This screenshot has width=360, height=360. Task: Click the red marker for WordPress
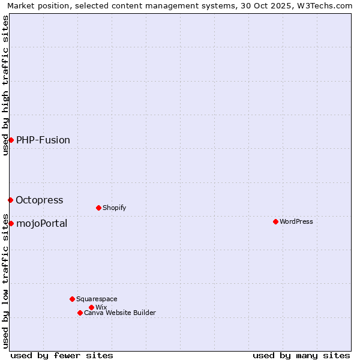(275, 221)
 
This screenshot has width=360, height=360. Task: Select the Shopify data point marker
(98, 208)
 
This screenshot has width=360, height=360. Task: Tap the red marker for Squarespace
(72, 299)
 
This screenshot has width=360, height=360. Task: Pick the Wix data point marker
(91, 307)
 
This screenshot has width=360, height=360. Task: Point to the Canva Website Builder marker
(80, 313)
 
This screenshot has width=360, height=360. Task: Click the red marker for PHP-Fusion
(11, 140)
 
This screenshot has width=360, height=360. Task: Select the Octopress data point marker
(10, 200)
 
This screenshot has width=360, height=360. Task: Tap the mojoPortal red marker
(11, 223)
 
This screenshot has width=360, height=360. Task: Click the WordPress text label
(296, 221)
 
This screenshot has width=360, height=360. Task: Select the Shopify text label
(114, 208)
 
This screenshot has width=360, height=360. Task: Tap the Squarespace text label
(97, 299)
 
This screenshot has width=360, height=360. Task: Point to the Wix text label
(101, 307)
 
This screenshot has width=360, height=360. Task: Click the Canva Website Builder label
(120, 313)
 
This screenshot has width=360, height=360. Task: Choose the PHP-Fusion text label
(43, 140)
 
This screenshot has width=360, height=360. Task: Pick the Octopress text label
(40, 200)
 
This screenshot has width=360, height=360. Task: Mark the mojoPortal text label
(42, 224)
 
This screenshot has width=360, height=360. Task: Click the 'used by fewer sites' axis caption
(62, 355)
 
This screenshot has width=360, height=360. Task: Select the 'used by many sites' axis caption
(301, 355)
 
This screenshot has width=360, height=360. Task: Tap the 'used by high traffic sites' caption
(5, 85)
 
